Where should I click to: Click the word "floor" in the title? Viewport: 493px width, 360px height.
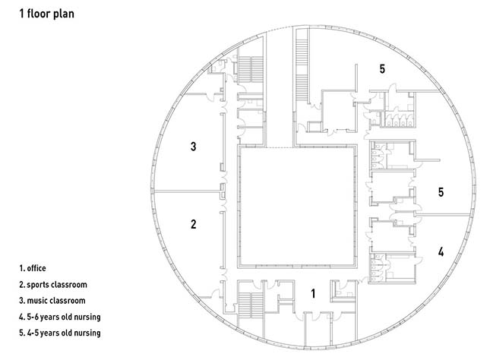click(39, 13)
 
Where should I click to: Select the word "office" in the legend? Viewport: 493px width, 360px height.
click(37, 268)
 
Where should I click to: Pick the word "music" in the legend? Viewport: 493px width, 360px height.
click(39, 301)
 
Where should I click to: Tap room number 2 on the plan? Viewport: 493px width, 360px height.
click(194, 224)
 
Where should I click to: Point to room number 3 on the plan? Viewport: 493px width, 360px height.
click(194, 146)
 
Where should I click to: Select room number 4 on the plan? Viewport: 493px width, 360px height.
click(441, 251)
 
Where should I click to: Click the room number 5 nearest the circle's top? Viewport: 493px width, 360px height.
click(383, 69)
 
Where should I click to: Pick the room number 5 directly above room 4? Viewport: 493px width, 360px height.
click(441, 192)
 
